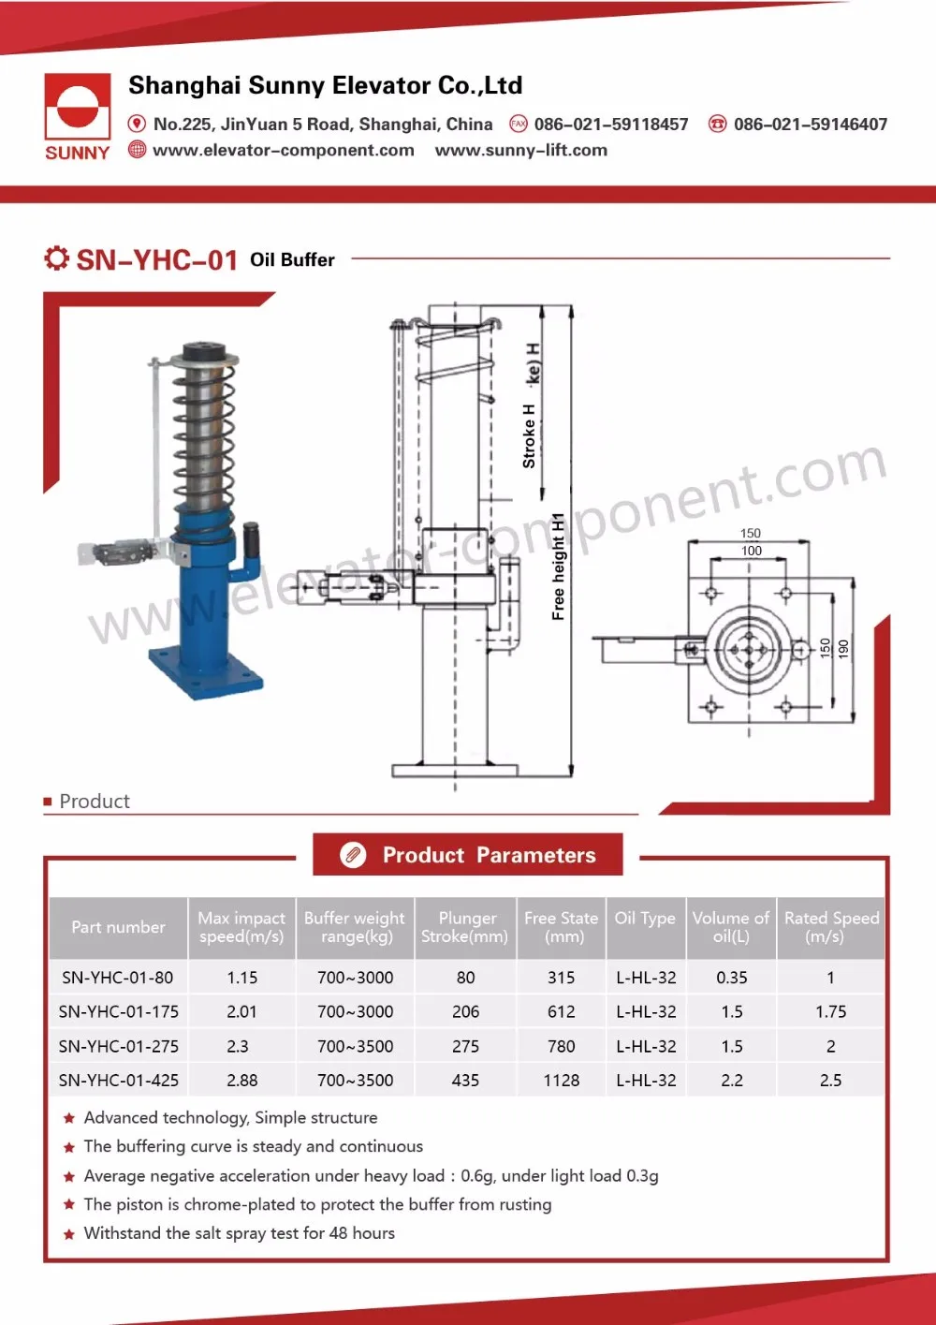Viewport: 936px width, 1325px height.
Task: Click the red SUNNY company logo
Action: [77, 116]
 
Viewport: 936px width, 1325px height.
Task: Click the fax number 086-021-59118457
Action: [610, 125]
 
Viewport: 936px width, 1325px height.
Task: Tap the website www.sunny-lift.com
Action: [520, 151]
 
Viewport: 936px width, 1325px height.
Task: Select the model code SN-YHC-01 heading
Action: [156, 259]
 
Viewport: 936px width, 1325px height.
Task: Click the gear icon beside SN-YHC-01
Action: [56, 258]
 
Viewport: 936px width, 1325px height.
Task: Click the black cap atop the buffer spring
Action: [205, 354]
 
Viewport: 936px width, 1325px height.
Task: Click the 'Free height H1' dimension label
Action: [558, 567]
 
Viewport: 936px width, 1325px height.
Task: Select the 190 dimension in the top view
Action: [843, 648]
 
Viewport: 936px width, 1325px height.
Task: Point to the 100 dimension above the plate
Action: [751, 551]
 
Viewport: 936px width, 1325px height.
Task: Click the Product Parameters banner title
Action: [489, 855]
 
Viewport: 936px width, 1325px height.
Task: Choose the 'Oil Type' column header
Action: [645, 919]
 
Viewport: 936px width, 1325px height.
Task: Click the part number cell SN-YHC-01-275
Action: [118, 1046]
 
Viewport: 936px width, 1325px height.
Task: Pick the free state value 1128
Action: [562, 1081]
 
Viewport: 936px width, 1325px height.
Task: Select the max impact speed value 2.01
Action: [241, 1012]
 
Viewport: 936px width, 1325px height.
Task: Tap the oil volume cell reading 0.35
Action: [732, 978]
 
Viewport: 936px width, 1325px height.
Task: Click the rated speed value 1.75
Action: [830, 1012]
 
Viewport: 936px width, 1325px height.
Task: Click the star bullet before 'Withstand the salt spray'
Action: [69, 1234]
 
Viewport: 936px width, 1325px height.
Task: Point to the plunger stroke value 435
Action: [465, 1081]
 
